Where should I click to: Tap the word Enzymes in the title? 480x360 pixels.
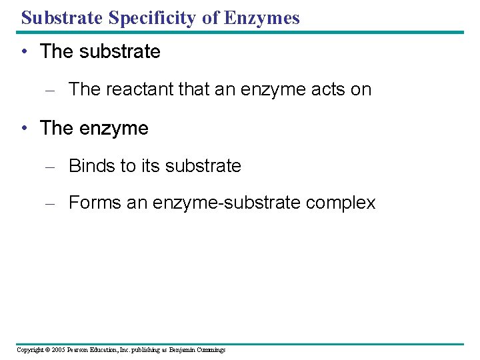(x=261, y=17)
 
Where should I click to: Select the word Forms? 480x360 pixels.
(x=92, y=203)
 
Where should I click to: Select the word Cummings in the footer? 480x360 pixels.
(x=210, y=350)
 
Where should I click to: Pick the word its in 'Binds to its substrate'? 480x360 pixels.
(x=150, y=165)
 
